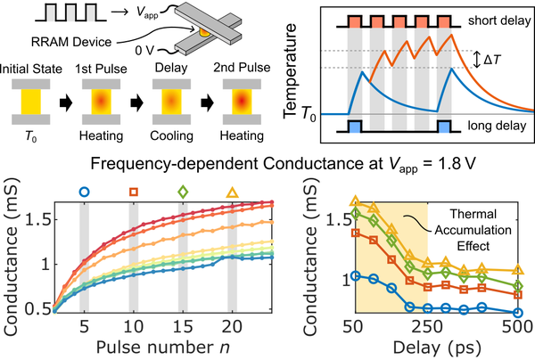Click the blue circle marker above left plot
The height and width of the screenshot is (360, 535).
[x=84, y=190]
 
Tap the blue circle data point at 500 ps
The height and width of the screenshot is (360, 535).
[x=516, y=311]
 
